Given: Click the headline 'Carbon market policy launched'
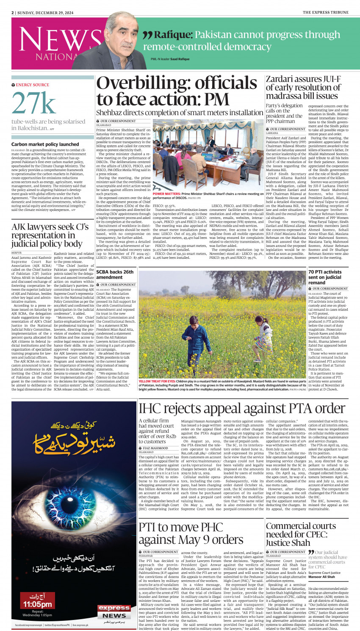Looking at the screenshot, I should tap(45, 144).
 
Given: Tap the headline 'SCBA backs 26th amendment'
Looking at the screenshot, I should tap(115, 274).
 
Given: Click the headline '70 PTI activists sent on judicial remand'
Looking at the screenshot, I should tap(325, 277).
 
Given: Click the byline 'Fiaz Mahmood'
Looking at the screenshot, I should tap(155, 448).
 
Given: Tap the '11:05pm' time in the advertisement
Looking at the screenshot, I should tap(38, 604).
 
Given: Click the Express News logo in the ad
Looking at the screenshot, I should tap(114, 612).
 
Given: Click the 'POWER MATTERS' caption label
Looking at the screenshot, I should tap(166, 194).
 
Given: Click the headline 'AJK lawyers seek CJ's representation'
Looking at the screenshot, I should tap(50, 235).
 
